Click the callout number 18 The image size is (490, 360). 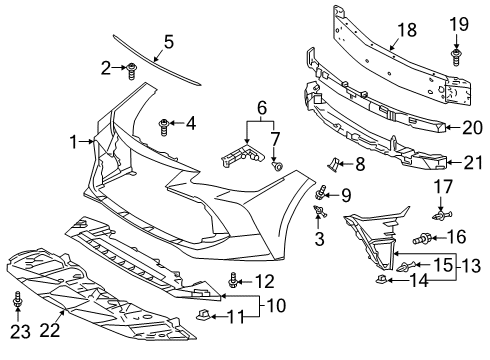pyautogui.click(x=407, y=30)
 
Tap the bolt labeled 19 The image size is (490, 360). pyautogui.click(x=455, y=57)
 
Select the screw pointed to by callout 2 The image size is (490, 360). pyautogui.click(x=132, y=71)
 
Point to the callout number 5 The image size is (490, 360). pyautogui.click(x=169, y=42)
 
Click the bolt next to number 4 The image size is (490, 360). pyautogui.click(x=164, y=127)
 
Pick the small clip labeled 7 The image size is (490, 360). pyautogui.click(x=277, y=166)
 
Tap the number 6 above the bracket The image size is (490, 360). pyautogui.click(x=262, y=108)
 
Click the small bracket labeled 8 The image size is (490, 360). pyautogui.click(x=333, y=165)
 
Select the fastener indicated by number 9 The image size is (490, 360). pyautogui.click(x=320, y=193)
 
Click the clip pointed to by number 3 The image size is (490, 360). pyautogui.click(x=320, y=211)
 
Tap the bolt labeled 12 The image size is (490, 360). pyautogui.click(x=233, y=281)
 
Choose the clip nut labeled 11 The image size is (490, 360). pyautogui.click(x=203, y=314)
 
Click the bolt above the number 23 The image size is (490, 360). pyautogui.click(x=17, y=300)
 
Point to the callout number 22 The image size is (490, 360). pyautogui.click(x=50, y=330)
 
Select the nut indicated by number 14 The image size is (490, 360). pyautogui.click(x=381, y=279)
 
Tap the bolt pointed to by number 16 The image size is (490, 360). pyautogui.click(x=422, y=239)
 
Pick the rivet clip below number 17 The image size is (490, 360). pyautogui.click(x=443, y=215)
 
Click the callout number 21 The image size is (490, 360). pyautogui.click(x=473, y=163)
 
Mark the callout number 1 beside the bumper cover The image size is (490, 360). pyautogui.click(x=74, y=142)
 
